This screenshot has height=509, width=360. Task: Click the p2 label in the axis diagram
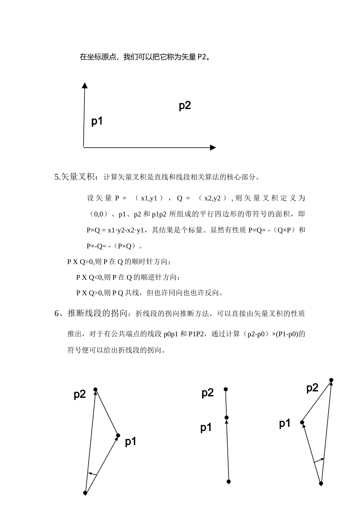pyautogui.click(x=185, y=106)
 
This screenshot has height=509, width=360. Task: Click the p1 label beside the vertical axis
pyautogui.click(x=97, y=121)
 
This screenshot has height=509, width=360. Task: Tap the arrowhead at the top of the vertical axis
pyautogui.click(x=85, y=85)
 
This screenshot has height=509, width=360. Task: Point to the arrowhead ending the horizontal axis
pyautogui.click(x=213, y=147)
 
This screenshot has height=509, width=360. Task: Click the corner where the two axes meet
pyautogui.click(x=83, y=147)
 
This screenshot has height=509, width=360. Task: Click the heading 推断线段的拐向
pyautogui.click(x=97, y=313)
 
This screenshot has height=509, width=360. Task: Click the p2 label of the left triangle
pyautogui.click(x=80, y=394)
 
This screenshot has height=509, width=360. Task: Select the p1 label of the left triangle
pyautogui.click(x=130, y=441)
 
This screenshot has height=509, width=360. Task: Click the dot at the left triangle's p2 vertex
pyautogui.click(x=95, y=389)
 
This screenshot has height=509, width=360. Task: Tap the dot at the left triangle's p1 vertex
pyautogui.click(x=118, y=436)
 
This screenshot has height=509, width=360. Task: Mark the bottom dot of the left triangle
pyautogui.click(x=85, y=493)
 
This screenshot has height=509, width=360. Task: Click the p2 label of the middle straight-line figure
pyautogui.click(x=207, y=393)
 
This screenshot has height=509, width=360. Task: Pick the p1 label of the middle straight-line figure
pyautogui.click(x=206, y=428)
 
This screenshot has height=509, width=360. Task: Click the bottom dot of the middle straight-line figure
pyautogui.click(x=229, y=482)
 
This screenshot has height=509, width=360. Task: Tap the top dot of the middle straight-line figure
pyautogui.click(x=226, y=389)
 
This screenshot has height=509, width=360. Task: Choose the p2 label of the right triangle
pyautogui.click(x=312, y=388)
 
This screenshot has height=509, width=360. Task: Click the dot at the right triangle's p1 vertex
pyautogui.click(x=302, y=422)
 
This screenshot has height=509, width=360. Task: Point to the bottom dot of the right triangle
pyautogui.click(x=321, y=483)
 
